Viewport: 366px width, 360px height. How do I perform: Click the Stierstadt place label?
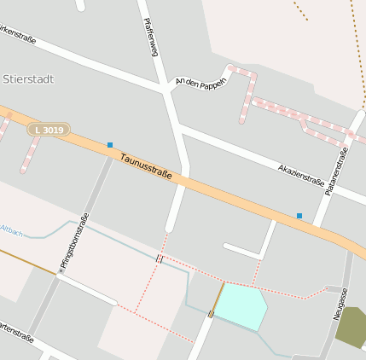28,79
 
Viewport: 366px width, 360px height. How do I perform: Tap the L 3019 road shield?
49,129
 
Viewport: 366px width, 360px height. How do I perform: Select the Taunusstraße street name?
146,166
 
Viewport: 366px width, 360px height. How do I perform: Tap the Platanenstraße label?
336,172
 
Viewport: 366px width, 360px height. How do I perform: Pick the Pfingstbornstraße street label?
73,242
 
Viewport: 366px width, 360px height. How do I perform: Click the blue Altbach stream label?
12,230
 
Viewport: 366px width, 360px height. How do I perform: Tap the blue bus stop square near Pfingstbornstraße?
110,145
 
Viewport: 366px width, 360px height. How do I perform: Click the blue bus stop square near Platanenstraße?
299,216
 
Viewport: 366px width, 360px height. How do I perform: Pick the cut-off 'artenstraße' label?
16,334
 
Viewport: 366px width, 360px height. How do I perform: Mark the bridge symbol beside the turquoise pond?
211,314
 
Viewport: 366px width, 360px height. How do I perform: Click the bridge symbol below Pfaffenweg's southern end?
159,258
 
